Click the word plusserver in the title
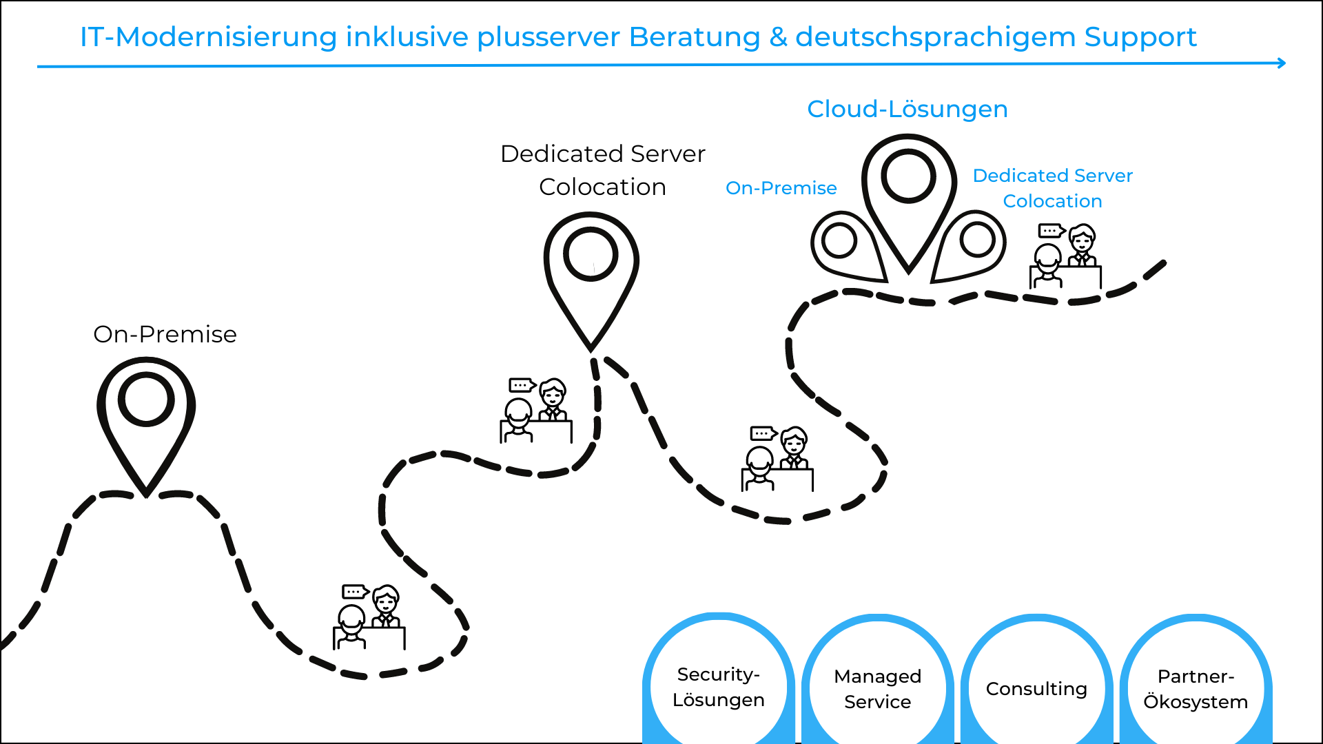548,37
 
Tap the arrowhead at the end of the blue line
1281,63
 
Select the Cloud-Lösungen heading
907,109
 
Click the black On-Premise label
165,334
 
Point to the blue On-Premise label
781,188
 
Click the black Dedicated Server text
602,154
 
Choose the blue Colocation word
1052,201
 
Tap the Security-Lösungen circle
719,687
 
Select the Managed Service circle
877,689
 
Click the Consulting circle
1036,689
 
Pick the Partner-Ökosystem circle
1196,689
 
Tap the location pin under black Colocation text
591,276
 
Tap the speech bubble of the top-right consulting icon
1050,230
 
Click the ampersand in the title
778,37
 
